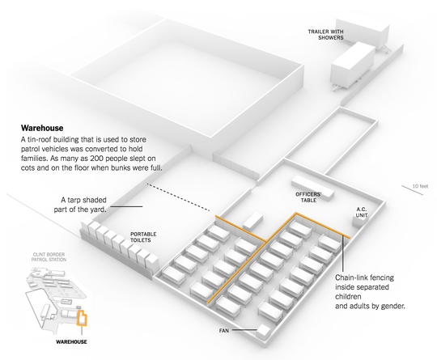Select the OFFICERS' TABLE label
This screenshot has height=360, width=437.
pyautogui.click(x=311, y=197)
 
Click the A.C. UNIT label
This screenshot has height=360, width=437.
pyautogui.click(x=363, y=213)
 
